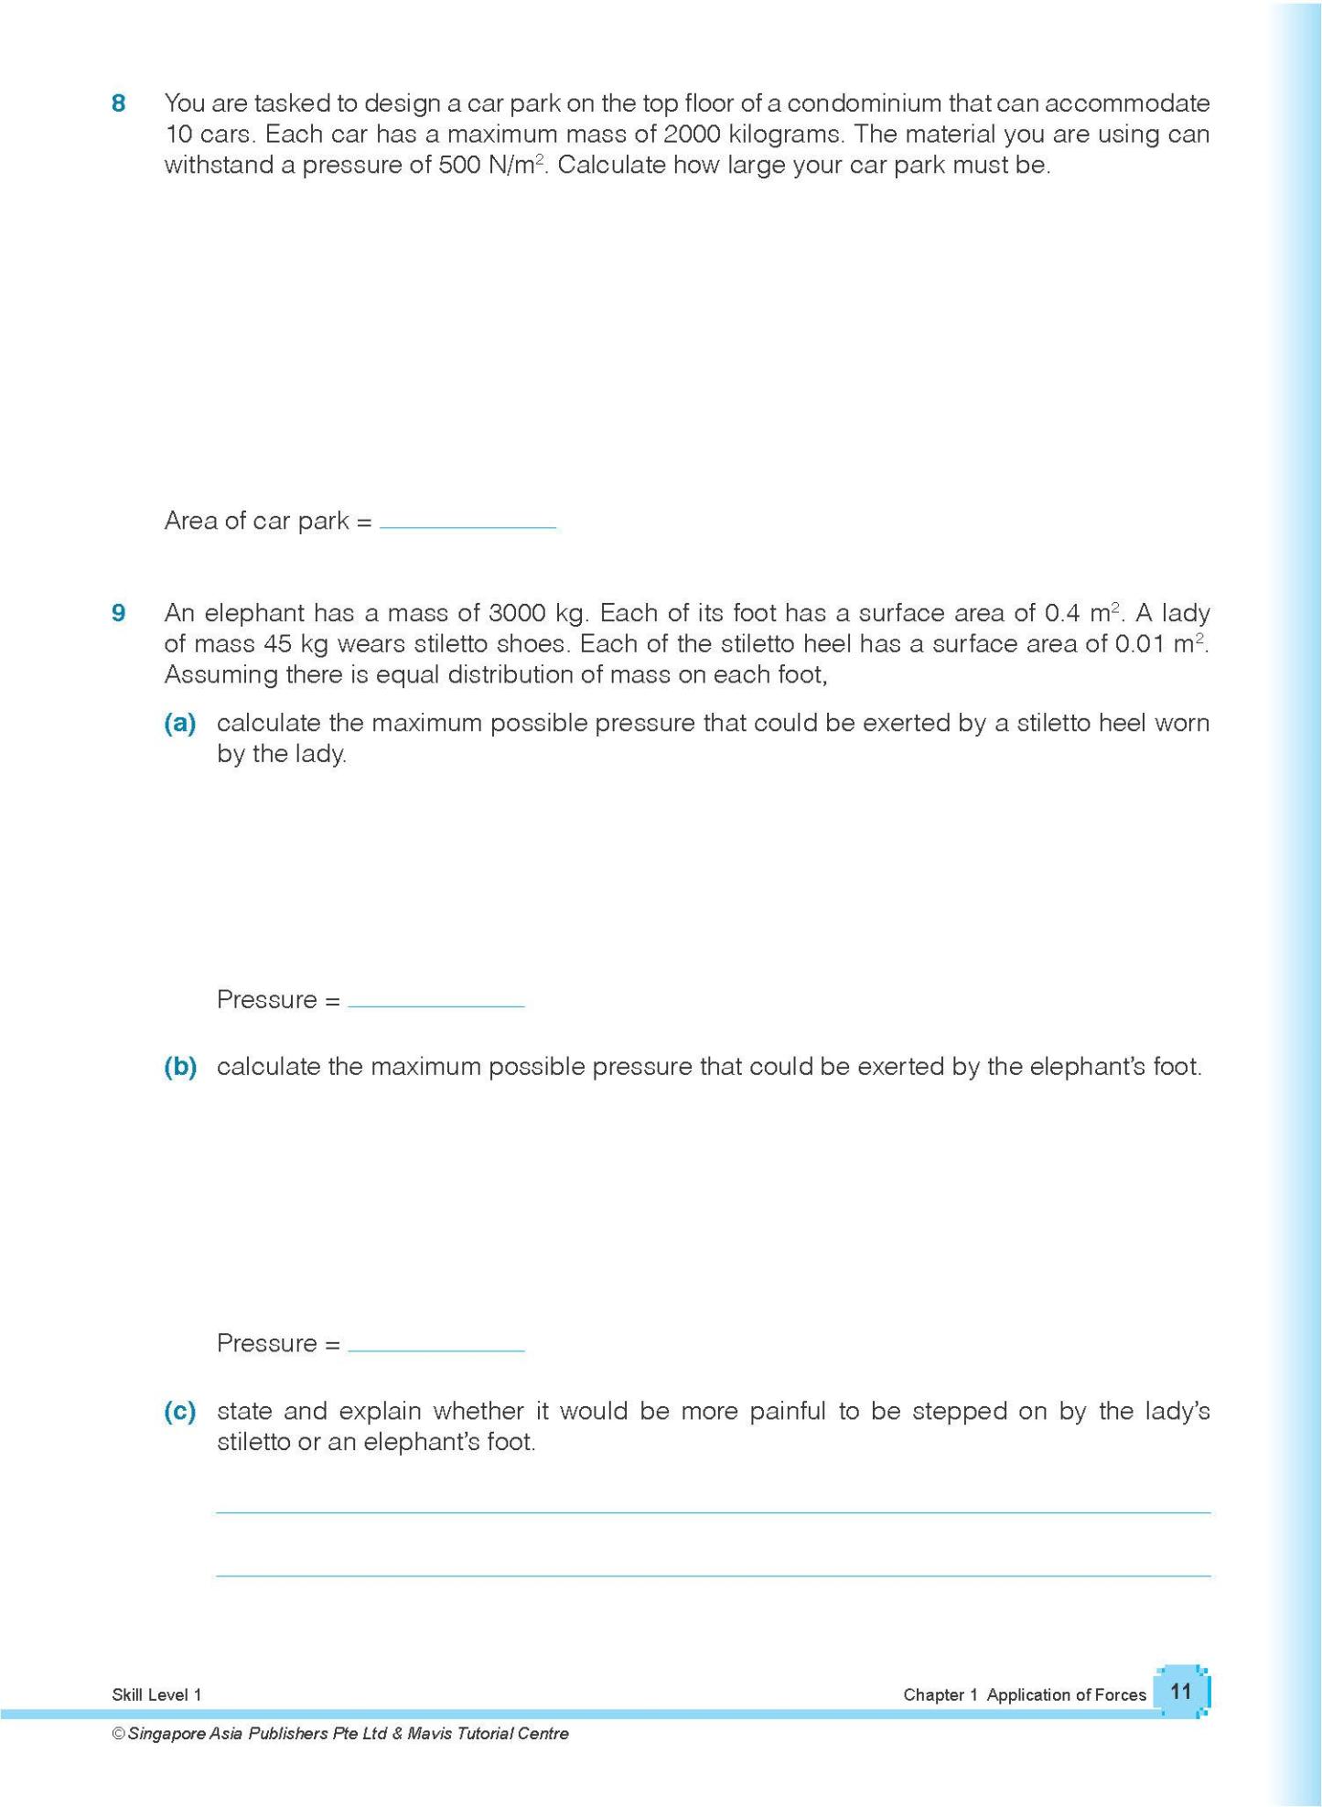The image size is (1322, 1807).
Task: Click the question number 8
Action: (x=118, y=103)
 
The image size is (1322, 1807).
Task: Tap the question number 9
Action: (x=118, y=613)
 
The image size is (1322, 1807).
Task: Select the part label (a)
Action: (x=180, y=724)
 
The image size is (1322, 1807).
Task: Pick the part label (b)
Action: (x=180, y=1067)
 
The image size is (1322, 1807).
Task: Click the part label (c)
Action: (x=180, y=1411)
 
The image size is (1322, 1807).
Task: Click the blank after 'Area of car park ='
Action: (x=468, y=522)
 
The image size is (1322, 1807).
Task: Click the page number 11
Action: (x=1181, y=1691)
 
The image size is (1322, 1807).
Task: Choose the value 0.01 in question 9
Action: (x=1140, y=644)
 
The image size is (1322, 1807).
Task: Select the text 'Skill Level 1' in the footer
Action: (x=156, y=1694)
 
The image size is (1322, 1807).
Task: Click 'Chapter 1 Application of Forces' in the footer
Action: (x=1024, y=1694)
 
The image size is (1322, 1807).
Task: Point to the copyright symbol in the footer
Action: (x=118, y=1734)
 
